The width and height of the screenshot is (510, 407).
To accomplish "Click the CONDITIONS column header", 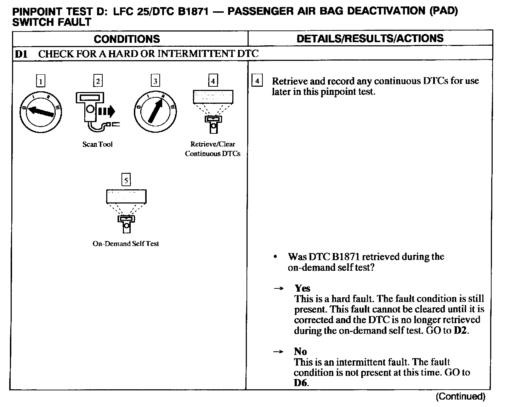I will [x=127, y=39].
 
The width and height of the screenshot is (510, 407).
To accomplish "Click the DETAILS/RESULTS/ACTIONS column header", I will [x=370, y=38].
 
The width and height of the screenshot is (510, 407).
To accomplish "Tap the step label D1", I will [x=21, y=54].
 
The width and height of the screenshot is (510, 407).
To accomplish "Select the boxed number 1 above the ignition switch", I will [x=41, y=82].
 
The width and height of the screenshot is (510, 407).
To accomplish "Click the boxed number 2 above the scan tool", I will [x=98, y=81].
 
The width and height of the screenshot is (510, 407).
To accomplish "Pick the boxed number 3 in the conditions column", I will [x=155, y=81].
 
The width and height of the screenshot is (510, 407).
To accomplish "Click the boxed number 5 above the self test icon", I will [x=126, y=180].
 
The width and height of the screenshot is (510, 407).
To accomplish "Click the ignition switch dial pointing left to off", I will [x=41, y=111].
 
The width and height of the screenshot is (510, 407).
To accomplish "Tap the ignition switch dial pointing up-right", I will [x=155, y=111].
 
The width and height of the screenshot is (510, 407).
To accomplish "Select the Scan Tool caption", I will [x=97, y=144].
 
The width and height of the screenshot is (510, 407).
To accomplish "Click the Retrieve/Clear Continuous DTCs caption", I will [x=212, y=149].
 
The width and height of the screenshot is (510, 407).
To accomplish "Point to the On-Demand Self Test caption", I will [x=126, y=243].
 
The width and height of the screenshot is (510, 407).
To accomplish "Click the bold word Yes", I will [x=302, y=288].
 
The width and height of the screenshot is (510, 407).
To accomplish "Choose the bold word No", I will [x=300, y=351].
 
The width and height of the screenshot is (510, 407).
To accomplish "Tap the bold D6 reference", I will [x=300, y=383].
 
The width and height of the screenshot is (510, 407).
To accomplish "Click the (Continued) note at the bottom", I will [x=460, y=396].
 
